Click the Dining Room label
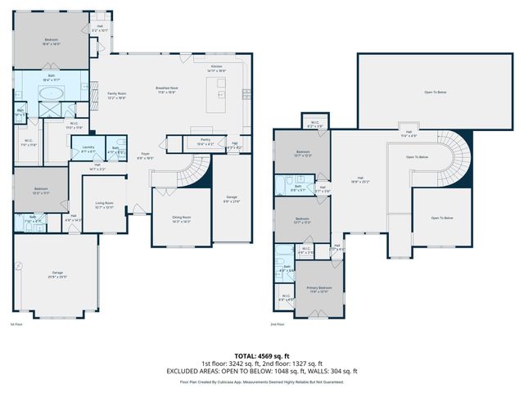coord(181,219)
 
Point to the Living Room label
coord(104,205)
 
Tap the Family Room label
coord(116,95)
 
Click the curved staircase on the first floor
coord(192,170)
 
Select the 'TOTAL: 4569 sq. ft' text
coord(262,356)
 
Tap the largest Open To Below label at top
coord(435,93)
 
